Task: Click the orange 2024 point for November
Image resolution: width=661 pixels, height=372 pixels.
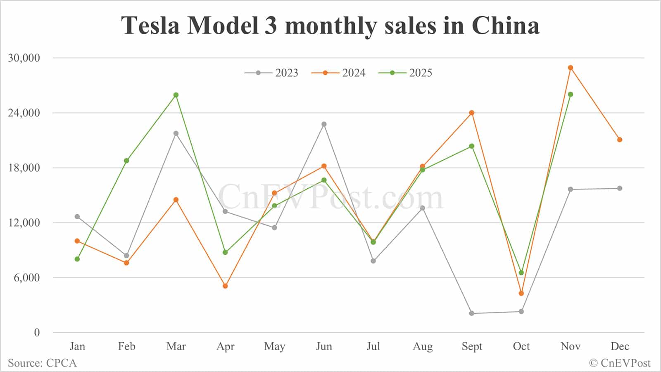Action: [x=571, y=68]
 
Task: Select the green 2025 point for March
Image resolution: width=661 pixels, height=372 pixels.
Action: [x=176, y=95]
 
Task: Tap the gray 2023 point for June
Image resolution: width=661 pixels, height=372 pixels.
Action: [x=324, y=124]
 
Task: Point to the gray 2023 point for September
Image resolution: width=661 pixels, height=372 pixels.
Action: [x=472, y=313]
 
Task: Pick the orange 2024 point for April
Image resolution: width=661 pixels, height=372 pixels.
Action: [x=225, y=286]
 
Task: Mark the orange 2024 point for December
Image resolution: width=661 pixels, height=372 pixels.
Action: [x=620, y=140]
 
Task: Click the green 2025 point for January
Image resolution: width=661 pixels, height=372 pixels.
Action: [x=77, y=259]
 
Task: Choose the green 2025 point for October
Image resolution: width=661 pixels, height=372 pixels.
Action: [x=521, y=272]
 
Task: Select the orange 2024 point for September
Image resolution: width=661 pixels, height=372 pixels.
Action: [x=472, y=113]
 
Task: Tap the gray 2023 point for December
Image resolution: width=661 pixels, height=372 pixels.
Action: [x=620, y=188]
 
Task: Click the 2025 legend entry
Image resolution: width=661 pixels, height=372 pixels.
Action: [x=405, y=73]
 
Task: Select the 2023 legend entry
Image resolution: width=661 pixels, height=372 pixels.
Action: [x=271, y=73]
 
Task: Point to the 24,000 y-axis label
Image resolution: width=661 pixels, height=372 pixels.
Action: [x=24, y=113]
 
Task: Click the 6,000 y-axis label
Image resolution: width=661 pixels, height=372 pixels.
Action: [x=27, y=277]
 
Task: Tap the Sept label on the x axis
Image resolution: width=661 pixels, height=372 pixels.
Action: [x=472, y=346]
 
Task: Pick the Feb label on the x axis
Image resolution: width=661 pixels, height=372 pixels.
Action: [x=126, y=346]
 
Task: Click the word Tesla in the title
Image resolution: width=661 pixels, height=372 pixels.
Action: [x=151, y=25]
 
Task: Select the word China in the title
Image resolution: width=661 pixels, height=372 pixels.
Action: [x=505, y=25]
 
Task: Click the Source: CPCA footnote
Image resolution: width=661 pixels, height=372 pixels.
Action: [x=42, y=363]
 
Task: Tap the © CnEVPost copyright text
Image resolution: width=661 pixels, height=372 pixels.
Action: [x=619, y=363]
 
